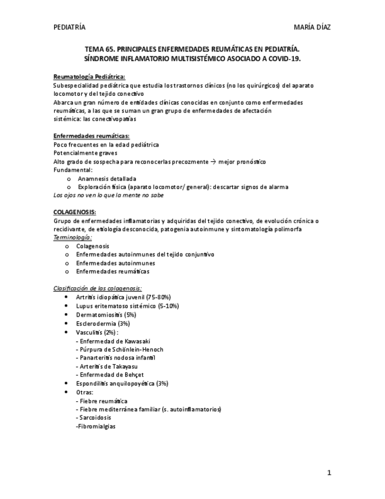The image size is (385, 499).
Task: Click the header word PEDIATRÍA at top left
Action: pos(69,28)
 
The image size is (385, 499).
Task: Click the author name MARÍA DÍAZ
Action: pos(316,28)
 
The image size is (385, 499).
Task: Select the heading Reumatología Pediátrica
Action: pos(89,76)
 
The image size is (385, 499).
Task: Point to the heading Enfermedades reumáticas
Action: pos(91,136)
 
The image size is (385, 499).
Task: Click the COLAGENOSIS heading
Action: pos(75,212)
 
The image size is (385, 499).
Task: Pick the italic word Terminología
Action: pos(72,237)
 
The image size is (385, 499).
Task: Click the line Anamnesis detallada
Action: pos(107,178)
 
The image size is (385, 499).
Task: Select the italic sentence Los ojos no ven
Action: pos(108,195)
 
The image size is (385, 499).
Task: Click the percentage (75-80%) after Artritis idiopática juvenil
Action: pos(158,298)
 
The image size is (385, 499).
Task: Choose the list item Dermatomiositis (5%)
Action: pos(106,315)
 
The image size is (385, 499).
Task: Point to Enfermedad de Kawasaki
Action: pos(113,341)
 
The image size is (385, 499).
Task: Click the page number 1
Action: pos(329,473)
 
